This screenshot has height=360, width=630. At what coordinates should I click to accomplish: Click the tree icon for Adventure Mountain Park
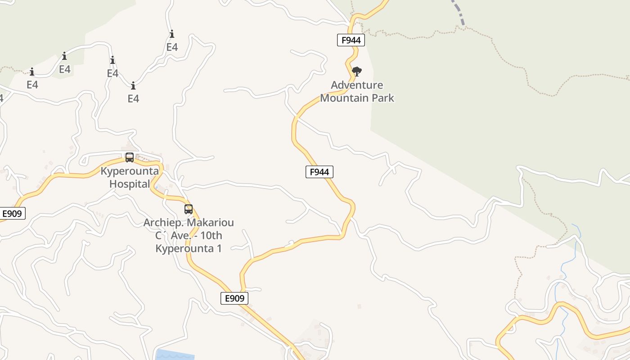(x=357, y=72)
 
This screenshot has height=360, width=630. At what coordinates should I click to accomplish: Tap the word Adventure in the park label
(x=357, y=85)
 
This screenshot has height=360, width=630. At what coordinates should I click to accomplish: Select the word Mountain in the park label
(x=344, y=98)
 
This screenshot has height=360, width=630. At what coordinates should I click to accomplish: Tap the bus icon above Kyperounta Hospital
(x=130, y=157)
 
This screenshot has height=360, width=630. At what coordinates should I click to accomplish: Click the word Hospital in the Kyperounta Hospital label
(x=130, y=184)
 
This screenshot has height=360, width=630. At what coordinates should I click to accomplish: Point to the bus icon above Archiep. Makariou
(x=189, y=209)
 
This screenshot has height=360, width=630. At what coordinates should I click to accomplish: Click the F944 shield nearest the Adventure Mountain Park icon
(x=351, y=40)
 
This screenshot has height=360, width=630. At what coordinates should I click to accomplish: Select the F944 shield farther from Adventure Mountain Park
(x=319, y=172)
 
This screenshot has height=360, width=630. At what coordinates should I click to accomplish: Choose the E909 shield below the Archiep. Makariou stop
(x=234, y=298)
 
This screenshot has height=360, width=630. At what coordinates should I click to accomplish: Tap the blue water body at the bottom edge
(x=175, y=355)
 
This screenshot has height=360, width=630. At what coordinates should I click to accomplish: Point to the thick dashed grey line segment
(x=458, y=11)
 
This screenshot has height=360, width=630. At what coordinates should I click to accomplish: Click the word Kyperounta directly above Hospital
(x=130, y=171)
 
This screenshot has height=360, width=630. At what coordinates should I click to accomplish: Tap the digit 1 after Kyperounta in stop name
(x=219, y=248)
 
